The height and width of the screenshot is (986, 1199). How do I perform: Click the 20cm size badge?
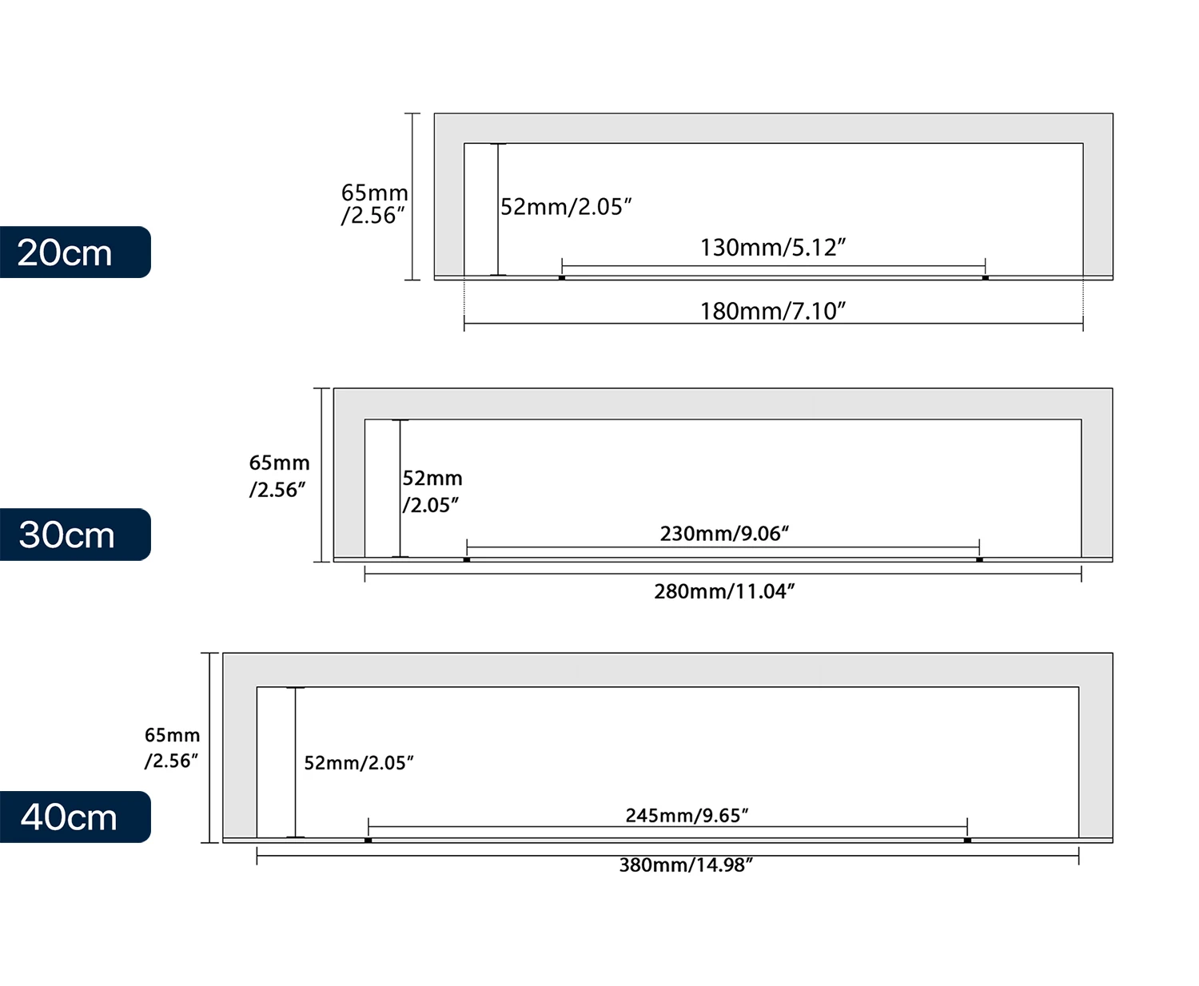pyautogui.click(x=74, y=252)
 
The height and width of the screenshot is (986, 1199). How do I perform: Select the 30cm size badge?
pyautogui.click(x=74, y=535)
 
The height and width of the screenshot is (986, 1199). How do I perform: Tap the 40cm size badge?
pyautogui.click(x=74, y=817)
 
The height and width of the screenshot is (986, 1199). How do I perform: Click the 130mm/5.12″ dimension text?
pyautogui.click(x=773, y=247)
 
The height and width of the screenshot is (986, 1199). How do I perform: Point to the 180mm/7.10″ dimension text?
pyautogui.click(x=773, y=311)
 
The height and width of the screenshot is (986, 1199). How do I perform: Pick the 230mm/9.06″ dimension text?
pyautogui.click(x=724, y=533)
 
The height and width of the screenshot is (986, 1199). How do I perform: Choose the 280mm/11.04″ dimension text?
pyautogui.click(x=724, y=591)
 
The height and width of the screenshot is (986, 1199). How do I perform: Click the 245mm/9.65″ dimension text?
pyautogui.click(x=687, y=815)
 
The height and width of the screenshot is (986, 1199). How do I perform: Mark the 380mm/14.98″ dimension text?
pyautogui.click(x=687, y=865)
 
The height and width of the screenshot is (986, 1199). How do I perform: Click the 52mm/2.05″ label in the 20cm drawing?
pyautogui.click(x=566, y=207)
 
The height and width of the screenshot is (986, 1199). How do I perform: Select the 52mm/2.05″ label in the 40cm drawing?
pyautogui.click(x=359, y=763)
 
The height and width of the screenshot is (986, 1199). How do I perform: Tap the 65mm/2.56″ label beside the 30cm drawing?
pyautogui.click(x=279, y=476)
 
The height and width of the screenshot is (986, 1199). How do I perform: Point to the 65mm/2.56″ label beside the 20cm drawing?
pyautogui.click(x=374, y=204)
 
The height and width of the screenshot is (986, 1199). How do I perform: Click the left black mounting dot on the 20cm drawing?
pyautogui.click(x=562, y=277)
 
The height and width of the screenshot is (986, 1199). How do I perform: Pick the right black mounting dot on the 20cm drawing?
pyautogui.click(x=986, y=277)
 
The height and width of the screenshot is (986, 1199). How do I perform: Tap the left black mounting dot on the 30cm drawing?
pyautogui.click(x=467, y=559)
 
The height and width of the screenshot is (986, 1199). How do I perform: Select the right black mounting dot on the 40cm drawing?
pyautogui.click(x=967, y=841)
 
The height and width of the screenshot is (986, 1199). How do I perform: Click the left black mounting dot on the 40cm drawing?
pyautogui.click(x=368, y=841)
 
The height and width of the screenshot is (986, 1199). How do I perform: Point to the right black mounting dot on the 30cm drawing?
pyautogui.click(x=979, y=559)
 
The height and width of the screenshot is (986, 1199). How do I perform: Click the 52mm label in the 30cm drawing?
pyautogui.click(x=432, y=491)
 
